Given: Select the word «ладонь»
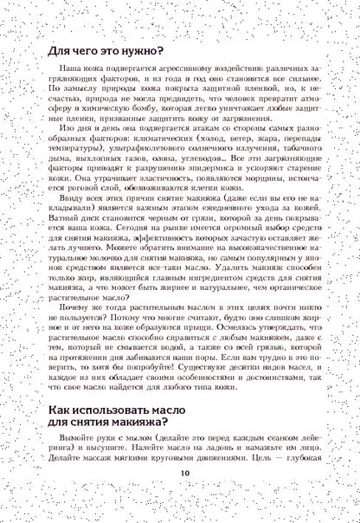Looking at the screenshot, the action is click(x=211, y=470).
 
